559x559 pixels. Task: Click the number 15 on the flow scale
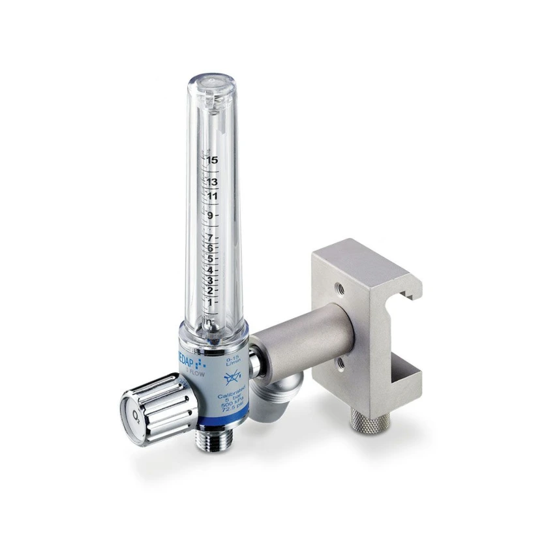[211, 160]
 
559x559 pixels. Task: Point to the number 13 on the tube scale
[211, 182]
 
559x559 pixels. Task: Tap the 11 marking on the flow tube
[211, 196]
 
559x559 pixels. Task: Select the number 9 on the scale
[210, 216]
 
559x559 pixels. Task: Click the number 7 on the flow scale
[210, 237]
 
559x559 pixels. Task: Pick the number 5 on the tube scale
[210, 258]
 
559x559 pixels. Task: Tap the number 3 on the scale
[210, 280]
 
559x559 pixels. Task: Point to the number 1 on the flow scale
[210, 303]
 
